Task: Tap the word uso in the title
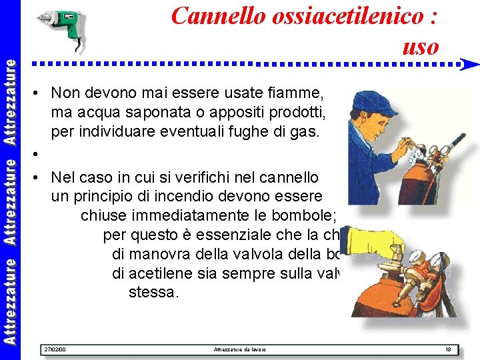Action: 421,46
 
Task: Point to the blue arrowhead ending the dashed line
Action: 470,65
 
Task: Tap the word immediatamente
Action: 171,216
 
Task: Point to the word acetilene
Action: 159,273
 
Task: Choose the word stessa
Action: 153,291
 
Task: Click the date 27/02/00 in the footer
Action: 54,349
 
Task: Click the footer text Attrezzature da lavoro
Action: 239,349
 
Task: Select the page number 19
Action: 447,349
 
